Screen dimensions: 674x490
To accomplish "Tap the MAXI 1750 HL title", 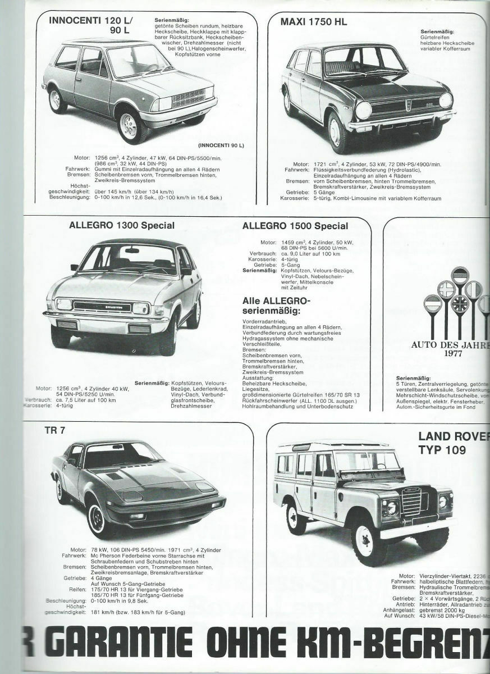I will [314, 22].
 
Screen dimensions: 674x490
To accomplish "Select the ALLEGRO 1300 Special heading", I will [122, 226].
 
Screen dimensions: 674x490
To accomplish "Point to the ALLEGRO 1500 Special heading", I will [296, 226].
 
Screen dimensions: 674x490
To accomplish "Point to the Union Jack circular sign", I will [459, 307].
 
